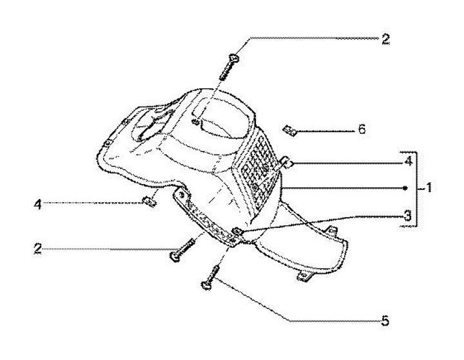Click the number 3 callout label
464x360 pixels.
[x=407, y=217]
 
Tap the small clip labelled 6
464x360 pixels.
[x=290, y=131]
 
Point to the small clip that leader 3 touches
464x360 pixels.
[x=237, y=231]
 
